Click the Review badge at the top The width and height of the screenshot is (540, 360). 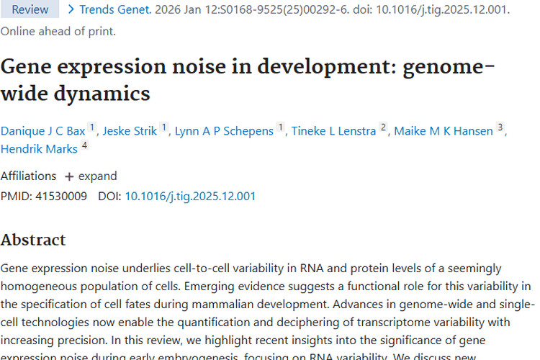30,9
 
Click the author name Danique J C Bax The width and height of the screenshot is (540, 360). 43,131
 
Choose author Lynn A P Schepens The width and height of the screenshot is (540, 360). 224,131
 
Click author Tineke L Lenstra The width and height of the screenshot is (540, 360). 333,131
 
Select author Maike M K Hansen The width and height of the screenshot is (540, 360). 444,131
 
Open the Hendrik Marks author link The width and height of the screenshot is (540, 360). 39,150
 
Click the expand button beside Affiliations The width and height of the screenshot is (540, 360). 91,176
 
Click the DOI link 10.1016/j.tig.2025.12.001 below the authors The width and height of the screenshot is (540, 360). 190,196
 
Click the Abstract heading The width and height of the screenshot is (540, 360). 33,240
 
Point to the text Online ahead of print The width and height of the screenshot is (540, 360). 58,32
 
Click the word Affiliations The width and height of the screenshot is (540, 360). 28,176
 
